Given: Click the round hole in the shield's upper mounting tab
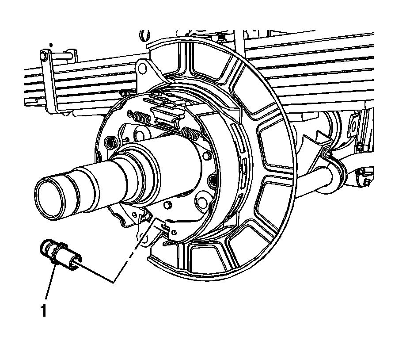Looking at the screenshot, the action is coord(142,67).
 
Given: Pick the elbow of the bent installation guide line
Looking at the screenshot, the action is coord(114,281).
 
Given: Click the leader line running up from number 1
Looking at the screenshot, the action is coord(49,283).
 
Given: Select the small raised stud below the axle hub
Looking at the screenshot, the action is coord(168,205).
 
